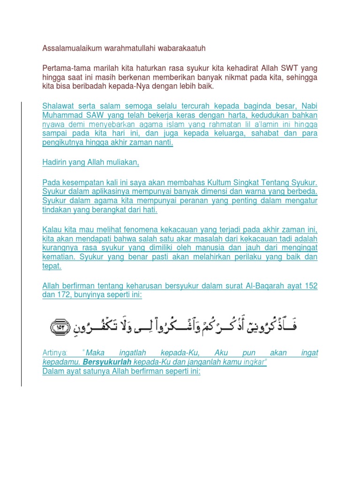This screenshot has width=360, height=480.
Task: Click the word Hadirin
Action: tap(55, 162)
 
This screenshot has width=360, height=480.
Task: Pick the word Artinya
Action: tap(55, 353)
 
